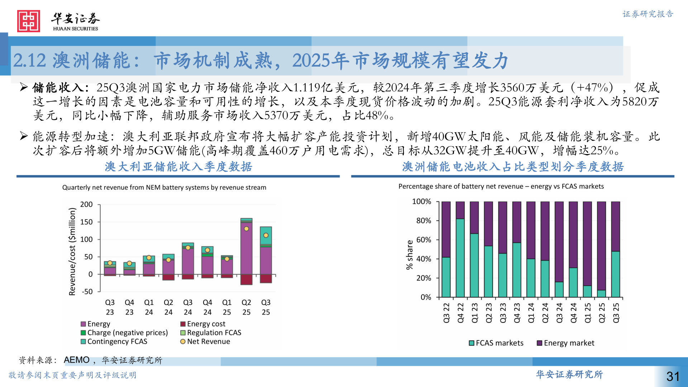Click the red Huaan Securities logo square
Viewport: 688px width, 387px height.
28,21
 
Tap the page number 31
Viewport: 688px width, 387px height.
673,376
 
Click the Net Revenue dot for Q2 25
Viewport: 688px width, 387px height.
246,229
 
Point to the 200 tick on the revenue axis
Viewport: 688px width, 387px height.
86,204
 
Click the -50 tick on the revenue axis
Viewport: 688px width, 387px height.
87,292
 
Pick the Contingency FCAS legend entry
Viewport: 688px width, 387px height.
114,341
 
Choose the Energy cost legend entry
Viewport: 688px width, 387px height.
203,324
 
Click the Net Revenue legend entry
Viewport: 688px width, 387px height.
205,341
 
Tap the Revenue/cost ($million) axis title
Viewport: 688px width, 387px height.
72,252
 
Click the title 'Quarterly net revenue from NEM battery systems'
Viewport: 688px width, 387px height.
164,187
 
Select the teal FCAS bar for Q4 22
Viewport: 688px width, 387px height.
460,258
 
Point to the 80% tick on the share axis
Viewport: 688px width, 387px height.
424,221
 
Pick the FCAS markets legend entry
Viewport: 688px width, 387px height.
496,343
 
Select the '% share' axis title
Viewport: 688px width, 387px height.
410,255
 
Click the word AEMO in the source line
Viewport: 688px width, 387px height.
76,360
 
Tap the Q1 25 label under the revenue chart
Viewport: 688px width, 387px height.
227,307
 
